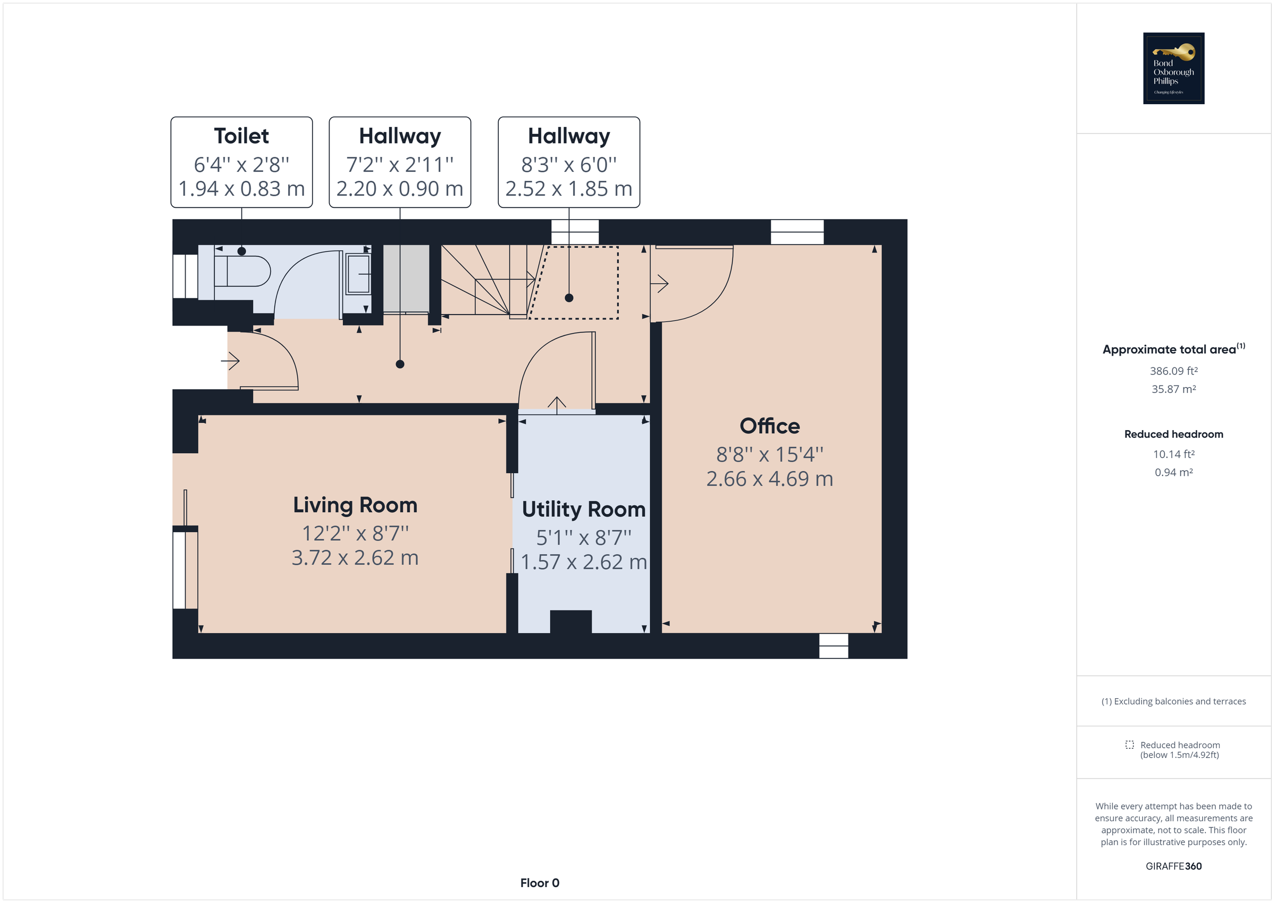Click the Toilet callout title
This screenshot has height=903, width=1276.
click(241, 136)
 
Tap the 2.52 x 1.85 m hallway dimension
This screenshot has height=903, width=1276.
click(568, 189)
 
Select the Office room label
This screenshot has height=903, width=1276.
click(770, 427)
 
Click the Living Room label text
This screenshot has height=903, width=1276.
click(355, 505)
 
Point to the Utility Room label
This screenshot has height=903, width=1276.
click(584, 509)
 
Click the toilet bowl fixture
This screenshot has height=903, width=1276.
click(245, 271)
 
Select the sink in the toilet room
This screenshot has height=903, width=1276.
click(358, 274)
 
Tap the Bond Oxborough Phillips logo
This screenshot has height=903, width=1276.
click(1173, 69)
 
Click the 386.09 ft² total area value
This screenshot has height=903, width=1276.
click(1173, 371)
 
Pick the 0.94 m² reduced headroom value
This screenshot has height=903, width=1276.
click(1173, 473)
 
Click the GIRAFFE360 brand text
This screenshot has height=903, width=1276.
click(1173, 866)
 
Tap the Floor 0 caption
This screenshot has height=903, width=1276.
click(540, 883)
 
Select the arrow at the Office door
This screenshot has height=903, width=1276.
click(660, 283)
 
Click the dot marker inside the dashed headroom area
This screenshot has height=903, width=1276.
click(568, 298)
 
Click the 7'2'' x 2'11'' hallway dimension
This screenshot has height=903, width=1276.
click(400, 165)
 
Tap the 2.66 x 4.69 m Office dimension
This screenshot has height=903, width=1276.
click(770, 479)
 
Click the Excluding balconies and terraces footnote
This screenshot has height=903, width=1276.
click(1173, 702)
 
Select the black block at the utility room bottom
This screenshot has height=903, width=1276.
click(571, 622)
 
